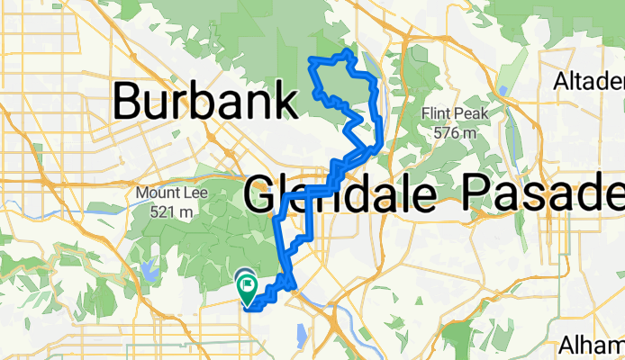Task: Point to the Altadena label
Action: [x=590, y=83]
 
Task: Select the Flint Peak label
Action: [x=454, y=114]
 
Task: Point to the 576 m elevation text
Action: [x=454, y=132]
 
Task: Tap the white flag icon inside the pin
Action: [x=248, y=287]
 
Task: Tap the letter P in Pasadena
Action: [x=479, y=193]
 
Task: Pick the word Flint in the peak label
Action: [x=439, y=114]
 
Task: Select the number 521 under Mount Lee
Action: [x=156, y=211]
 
